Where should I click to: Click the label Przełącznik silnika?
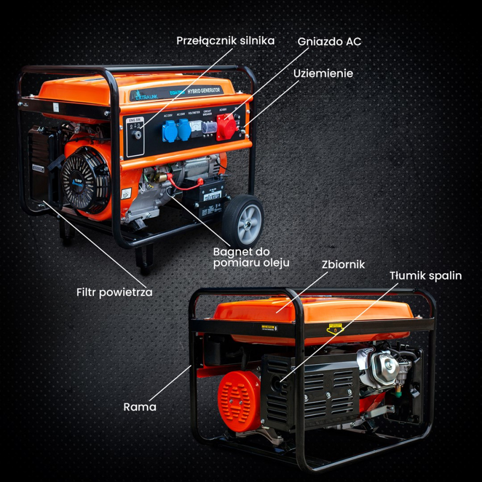[225, 41]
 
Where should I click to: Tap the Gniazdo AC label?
[329, 41]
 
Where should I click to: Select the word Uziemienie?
[323, 73]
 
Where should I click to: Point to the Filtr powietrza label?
[114, 292]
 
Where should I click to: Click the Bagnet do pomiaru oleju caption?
[251, 257]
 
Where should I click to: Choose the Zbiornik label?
[343, 265]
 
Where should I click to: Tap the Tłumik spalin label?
[425, 276]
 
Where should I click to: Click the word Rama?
[140, 407]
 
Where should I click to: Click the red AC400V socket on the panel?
[225, 130]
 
